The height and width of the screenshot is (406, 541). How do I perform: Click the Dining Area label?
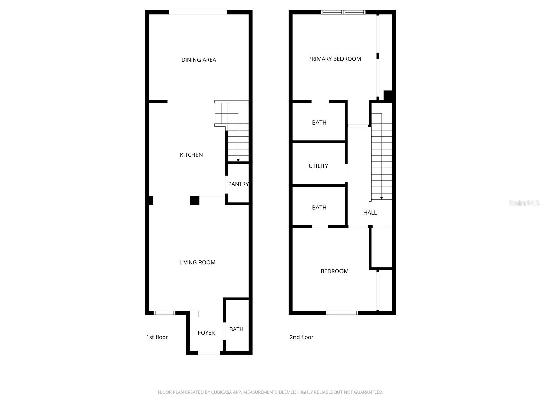pyautogui.click(x=198, y=60)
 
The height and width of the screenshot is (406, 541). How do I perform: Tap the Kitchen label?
pyautogui.click(x=191, y=155)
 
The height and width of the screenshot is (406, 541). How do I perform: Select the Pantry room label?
pyautogui.click(x=238, y=184)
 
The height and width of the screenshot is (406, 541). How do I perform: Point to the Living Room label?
pyautogui.click(x=197, y=262)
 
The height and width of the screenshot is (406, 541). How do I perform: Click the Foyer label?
pyautogui.click(x=206, y=333)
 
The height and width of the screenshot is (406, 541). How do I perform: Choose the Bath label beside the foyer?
pyautogui.click(x=236, y=329)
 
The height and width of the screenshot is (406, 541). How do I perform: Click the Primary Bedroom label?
pyautogui.click(x=334, y=59)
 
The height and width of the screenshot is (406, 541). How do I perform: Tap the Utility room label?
pyautogui.click(x=318, y=166)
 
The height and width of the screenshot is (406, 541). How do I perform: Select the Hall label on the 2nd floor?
pyautogui.click(x=370, y=213)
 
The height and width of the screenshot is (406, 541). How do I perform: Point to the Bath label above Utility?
pyautogui.click(x=319, y=123)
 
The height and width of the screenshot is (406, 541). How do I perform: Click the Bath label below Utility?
pyautogui.click(x=319, y=208)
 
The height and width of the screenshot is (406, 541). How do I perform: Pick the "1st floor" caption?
pyautogui.click(x=157, y=337)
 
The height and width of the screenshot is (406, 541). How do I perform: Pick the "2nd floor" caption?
pyautogui.click(x=301, y=337)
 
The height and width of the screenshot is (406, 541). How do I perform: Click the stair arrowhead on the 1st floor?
pyautogui.click(x=238, y=160)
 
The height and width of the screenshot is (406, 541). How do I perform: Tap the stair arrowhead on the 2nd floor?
pyautogui.click(x=382, y=198)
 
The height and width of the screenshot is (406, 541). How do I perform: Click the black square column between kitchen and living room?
pyautogui.click(x=195, y=201)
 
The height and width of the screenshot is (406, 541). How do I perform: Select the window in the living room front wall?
pyautogui.click(x=164, y=313)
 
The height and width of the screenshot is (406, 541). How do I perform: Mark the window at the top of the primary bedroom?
pyautogui.click(x=343, y=13)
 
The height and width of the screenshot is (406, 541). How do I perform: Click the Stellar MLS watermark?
pyautogui.click(x=524, y=203)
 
